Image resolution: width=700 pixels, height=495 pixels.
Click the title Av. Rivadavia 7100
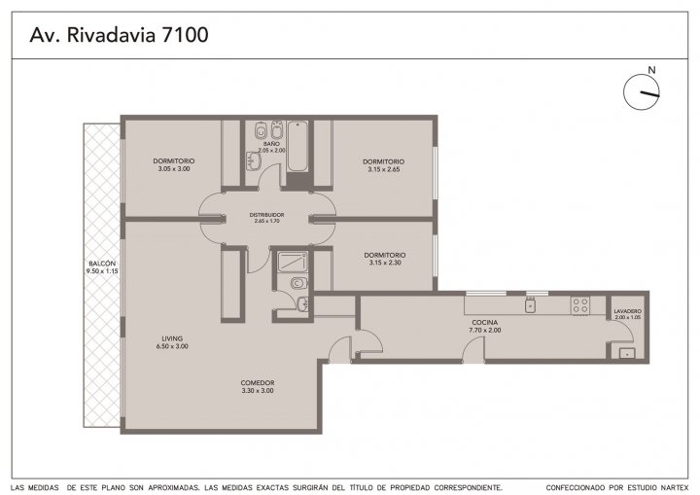119,35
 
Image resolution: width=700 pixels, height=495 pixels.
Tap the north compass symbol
642,92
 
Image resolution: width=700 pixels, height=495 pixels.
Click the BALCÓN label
102,264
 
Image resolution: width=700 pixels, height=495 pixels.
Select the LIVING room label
172,338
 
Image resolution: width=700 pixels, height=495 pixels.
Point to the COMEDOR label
258,382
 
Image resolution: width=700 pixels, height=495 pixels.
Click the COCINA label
485,322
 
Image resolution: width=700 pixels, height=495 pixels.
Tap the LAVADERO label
628,311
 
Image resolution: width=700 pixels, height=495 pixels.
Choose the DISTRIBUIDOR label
267,215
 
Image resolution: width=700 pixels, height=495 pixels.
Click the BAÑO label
271,144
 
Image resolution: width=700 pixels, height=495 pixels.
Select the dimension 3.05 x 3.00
174,169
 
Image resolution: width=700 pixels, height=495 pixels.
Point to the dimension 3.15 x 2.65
384,169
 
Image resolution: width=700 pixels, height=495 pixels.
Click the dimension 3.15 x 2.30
385,263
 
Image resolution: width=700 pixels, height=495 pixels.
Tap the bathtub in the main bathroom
297,146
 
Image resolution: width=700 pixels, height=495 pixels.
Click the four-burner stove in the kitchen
580,305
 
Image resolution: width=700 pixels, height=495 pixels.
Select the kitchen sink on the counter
531,305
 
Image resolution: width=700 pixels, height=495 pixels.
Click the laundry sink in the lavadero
627,353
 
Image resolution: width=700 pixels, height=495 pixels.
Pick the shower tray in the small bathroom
293,262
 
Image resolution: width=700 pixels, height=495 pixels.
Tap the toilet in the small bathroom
298,283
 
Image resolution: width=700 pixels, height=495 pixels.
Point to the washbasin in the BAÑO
253,160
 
